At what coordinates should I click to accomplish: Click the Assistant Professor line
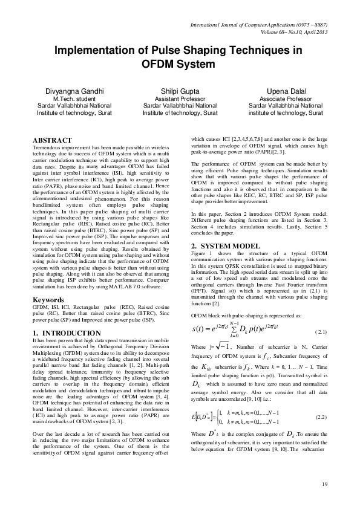click(x=180, y=99)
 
